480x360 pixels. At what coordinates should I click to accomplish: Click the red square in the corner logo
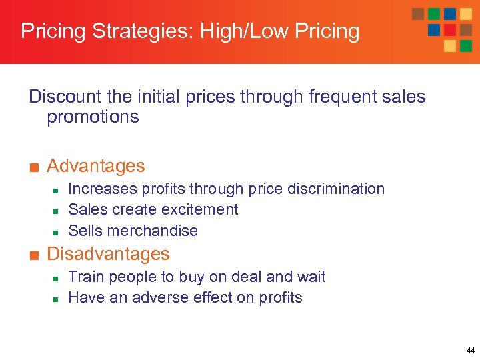point(450,29)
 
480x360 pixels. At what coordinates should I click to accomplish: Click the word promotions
point(93,117)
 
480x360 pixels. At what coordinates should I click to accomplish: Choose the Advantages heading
point(96,165)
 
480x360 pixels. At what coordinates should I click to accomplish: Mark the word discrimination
point(333,189)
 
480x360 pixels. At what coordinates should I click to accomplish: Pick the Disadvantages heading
point(108,254)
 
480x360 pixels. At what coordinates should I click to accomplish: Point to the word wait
point(311,277)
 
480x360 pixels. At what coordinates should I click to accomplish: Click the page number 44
point(471,351)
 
